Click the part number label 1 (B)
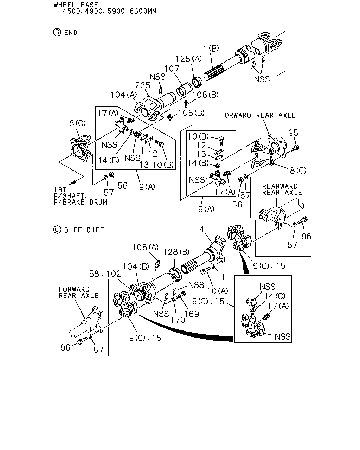click(x=211, y=49)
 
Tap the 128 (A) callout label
click(x=188, y=59)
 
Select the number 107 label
click(x=172, y=69)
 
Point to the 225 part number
click(x=143, y=85)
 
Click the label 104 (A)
click(x=124, y=95)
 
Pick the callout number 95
click(x=293, y=133)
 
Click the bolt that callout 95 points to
click(x=295, y=148)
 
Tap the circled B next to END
click(x=57, y=32)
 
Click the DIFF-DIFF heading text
click(x=84, y=230)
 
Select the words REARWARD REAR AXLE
click(x=282, y=189)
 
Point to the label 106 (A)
click(x=146, y=247)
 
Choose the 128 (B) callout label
click(x=176, y=252)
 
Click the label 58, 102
click(x=105, y=274)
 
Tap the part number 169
click(x=192, y=314)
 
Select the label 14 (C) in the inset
click(x=275, y=296)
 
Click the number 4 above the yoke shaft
click(x=202, y=229)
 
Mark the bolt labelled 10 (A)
click(x=205, y=271)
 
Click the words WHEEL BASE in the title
click(x=76, y=5)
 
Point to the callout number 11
click(x=226, y=277)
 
